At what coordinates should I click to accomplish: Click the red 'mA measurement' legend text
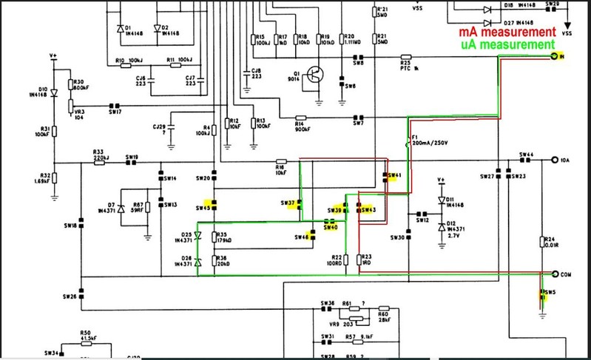[x=507, y=33]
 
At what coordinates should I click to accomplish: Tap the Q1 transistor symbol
[x=316, y=74]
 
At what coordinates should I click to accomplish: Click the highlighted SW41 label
[x=393, y=176]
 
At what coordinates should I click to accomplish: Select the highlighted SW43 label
[x=368, y=210]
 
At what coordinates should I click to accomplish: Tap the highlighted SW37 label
[x=288, y=203]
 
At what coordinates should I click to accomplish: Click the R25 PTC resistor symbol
[x=405, y=57]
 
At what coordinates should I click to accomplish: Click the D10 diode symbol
[x=53, y=92]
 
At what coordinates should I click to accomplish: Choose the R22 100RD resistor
[x=345, y=259]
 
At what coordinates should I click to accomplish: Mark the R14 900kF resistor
[x=300, y=118]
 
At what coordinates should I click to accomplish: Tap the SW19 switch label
[x=132, y=157]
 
